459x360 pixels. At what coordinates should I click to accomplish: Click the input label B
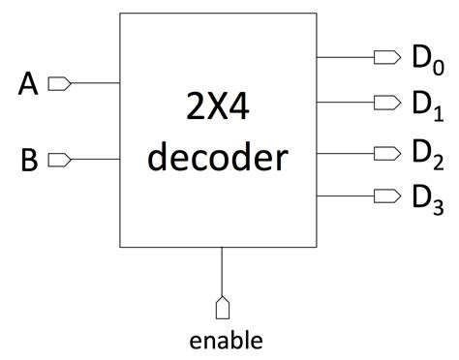29,160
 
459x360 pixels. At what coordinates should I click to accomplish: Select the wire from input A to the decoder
95,84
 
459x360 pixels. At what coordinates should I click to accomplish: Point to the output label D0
426,60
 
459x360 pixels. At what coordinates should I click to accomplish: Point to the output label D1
426,105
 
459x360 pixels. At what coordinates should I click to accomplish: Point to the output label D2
426,153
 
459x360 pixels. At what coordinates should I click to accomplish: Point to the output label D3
426,197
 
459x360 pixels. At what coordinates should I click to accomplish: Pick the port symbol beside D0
387,57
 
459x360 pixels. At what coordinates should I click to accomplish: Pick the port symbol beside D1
387,103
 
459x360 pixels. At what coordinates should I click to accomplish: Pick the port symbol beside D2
387,151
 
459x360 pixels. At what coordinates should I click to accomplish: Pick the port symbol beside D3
387,195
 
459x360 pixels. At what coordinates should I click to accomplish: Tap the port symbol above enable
223,307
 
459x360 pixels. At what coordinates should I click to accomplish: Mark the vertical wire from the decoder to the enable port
223,271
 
